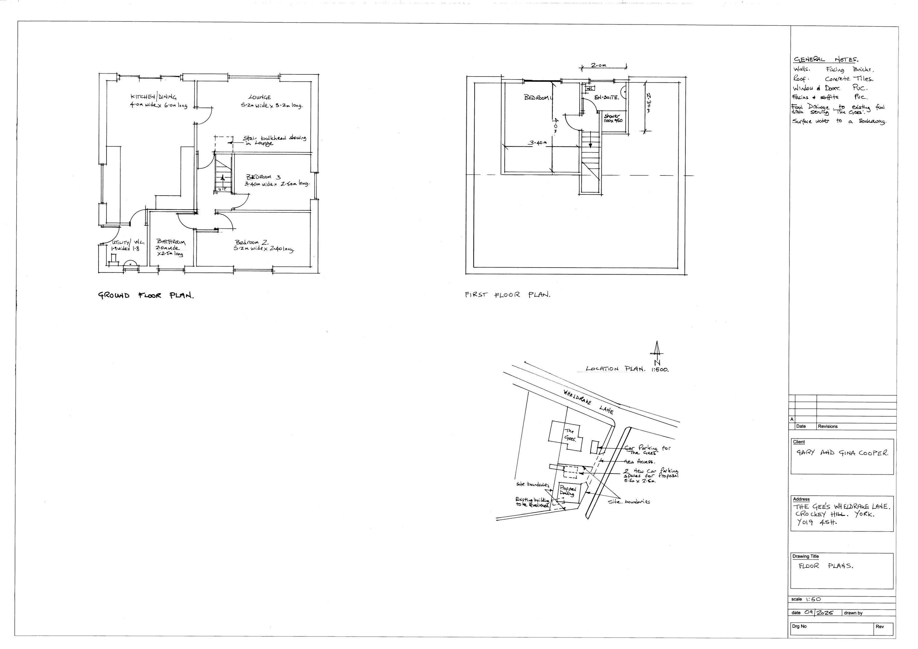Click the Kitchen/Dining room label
click(154, 97)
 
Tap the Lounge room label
click(259, 97)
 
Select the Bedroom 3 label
click(263, 177)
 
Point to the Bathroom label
click(171, 242)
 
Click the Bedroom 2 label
click(252, 242)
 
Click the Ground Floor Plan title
click(146, 296)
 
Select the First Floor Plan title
click(507, 295)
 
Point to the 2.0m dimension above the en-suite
click(599, 65)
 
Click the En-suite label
click(606, 97)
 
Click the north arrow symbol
click(656, 349)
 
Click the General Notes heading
click(825, 60)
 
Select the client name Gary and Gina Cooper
click(841, 453)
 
